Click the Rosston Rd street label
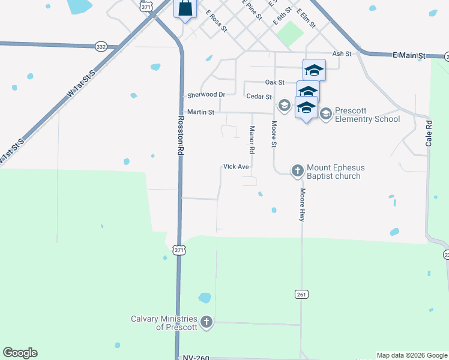(x=179, y=136)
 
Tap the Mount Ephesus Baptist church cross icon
(x=297, y=171)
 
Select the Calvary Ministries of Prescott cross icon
(x=206, y=322)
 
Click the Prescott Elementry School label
(x=367, y=115)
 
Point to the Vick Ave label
(x=236, y=166)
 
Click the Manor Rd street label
(x=252, y=139)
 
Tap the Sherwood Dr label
(x=206, y=95)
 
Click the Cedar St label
(x=259, y=97)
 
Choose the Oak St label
(x=274, y=82)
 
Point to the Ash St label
(x=342, y=54)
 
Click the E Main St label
(x=409, y=56)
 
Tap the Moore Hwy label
(x=303, y=205)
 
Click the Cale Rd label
(x=429, y=133)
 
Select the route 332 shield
(x=101, y=46)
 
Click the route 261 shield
(x=301, y=294)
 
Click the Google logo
(x=20, y=353)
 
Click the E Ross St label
(x=217, y=20)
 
